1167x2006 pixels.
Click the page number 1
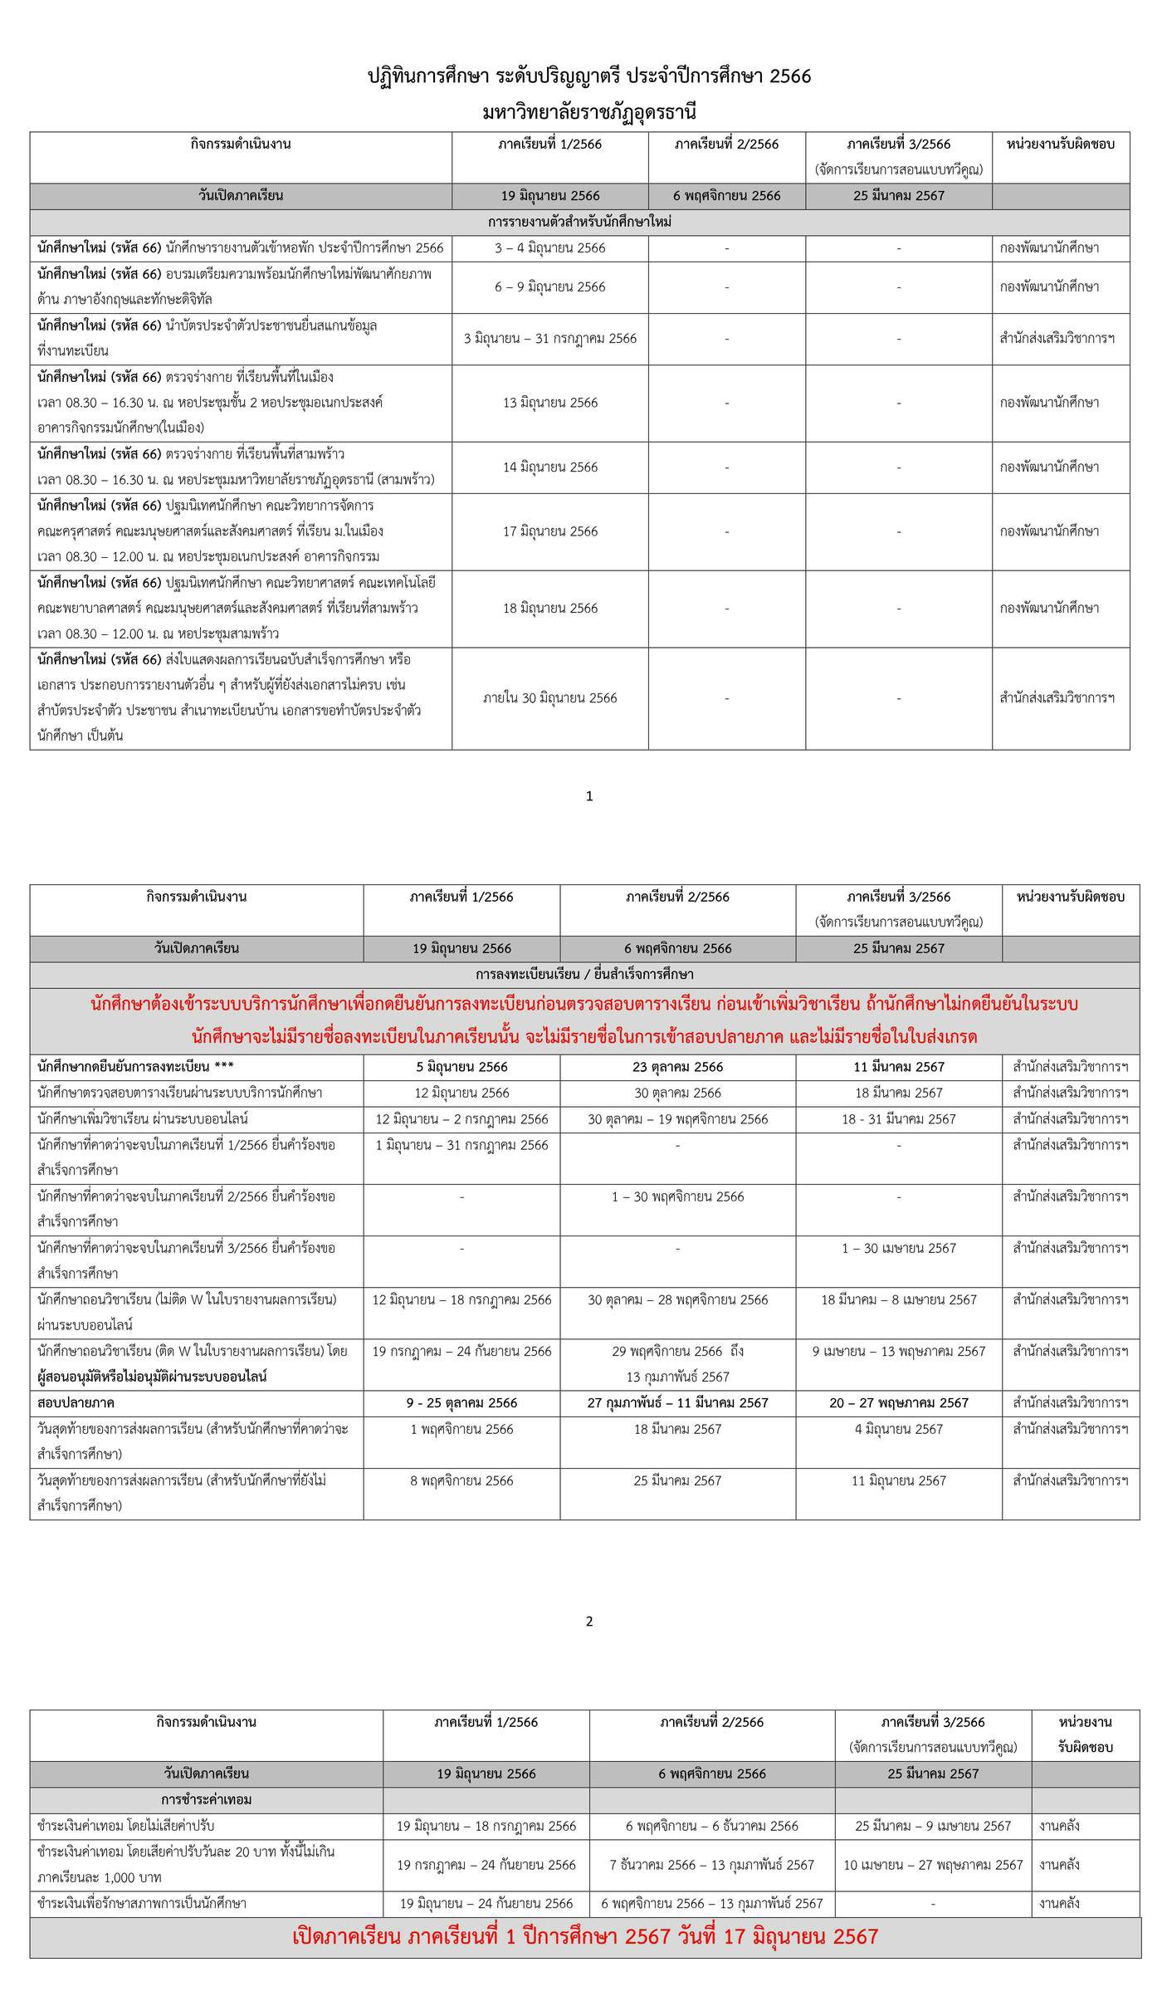pos(589,796)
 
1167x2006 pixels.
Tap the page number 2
pos(589,1621)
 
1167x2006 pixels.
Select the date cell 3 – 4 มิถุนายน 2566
pos(550,247)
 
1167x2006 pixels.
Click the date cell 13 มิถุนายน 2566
pos(550,403)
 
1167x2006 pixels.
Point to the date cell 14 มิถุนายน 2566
pos(550,467)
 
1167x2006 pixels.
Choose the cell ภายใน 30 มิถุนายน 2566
pos(550,698)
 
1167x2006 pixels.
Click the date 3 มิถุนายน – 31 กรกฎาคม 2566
pos(550,339)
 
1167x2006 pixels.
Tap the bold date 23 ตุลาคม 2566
pos(677,1067)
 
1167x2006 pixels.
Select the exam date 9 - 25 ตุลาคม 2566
pos(461,1403)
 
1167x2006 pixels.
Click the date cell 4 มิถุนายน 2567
pos(899,1429)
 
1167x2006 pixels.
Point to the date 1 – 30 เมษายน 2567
pos(899,1248)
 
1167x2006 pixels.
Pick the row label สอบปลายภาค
pos(76,1403)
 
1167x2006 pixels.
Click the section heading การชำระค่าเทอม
pos(207,1799)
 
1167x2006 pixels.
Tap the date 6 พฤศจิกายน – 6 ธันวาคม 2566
pos(712,1826)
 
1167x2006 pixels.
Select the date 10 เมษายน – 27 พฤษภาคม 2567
pos(933,1865)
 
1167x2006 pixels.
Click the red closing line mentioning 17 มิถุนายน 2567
pos(585,1937)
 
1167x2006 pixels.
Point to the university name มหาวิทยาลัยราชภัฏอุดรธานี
pos(589,111)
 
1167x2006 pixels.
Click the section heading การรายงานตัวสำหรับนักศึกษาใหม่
pos(579,222)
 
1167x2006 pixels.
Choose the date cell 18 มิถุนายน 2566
pos(550,609)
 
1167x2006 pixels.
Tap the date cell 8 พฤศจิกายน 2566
pos(461,1480)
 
